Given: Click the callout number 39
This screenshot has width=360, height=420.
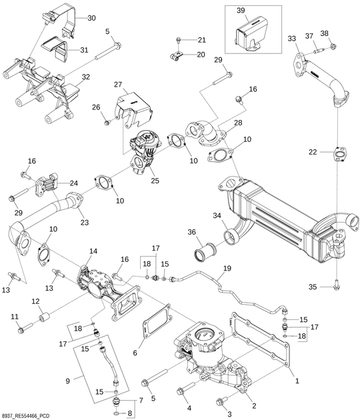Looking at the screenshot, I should [x=241, y=11].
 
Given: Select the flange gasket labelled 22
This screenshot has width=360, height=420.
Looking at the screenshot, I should [x=339, y=154].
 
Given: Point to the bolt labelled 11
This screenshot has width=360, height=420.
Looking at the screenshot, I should [x=25, y=328].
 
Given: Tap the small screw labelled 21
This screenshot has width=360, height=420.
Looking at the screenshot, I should [x=179, y=41].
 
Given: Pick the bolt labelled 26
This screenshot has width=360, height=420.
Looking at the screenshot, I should [x=107, y=123].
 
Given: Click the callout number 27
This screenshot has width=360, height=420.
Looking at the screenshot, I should [x=118, y=85].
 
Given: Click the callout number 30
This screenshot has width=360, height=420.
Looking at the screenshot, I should [x=91, y=18].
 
